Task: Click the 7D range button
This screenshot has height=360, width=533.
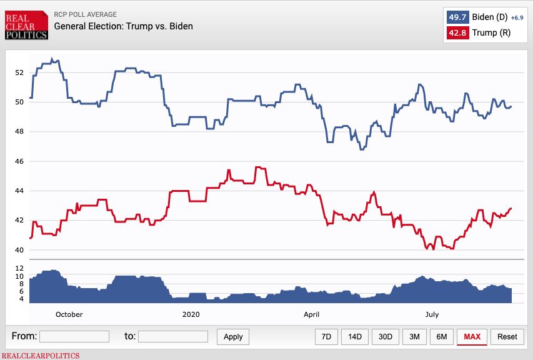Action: tap(326, 336)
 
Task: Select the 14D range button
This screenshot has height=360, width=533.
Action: tap(355, 336)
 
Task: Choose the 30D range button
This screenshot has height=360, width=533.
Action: tap(385, 336)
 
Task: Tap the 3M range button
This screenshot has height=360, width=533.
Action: tap(414, 336)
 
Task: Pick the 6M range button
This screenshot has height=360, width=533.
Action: tap(442, 336)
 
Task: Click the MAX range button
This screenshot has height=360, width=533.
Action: tap(472, 336)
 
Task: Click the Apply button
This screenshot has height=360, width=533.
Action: tap(233, 336)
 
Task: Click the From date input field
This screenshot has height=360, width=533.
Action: tap(74, 336)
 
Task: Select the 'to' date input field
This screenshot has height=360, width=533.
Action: tap(172, 336)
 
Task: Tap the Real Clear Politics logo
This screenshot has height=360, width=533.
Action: tap(26, 24)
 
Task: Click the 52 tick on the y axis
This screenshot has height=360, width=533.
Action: tap(19, 72)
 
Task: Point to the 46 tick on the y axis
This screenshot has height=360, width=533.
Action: tap(19, 161)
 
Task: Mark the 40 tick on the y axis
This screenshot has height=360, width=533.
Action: tap(19, 250)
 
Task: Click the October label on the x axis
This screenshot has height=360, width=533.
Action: tap(69, 314)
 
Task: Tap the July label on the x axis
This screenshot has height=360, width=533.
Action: tap(432, 314)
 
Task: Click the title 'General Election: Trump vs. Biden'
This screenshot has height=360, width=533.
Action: tap(123, 26)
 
